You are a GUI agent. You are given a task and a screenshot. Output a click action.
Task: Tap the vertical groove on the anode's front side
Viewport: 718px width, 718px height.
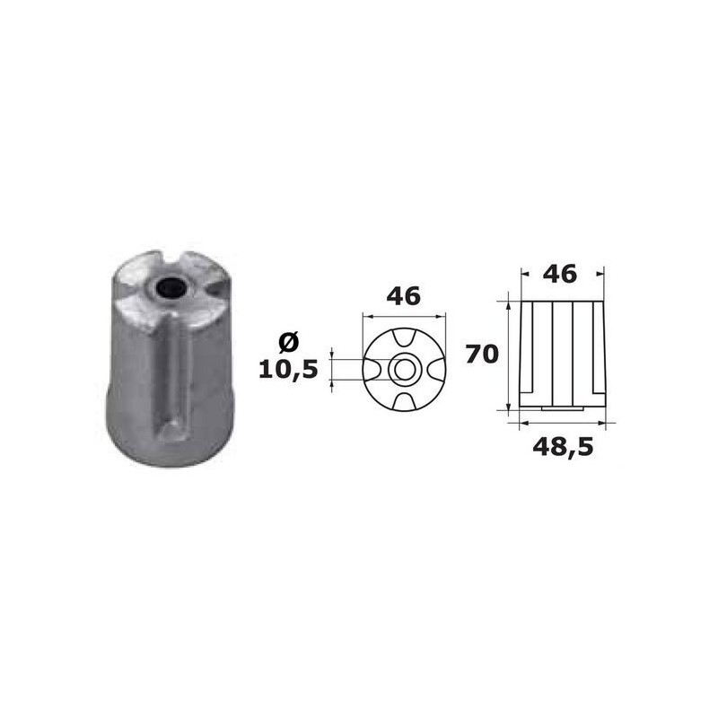[176, 377]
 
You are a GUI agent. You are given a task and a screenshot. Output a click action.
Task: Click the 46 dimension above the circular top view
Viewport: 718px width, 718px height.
[403, 296]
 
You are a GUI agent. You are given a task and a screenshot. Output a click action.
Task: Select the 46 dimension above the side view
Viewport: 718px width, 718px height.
[562, 274]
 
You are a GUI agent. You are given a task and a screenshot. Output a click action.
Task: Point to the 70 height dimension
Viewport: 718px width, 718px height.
[482, 354]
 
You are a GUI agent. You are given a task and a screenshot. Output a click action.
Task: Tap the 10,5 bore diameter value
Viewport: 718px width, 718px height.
[288, 369]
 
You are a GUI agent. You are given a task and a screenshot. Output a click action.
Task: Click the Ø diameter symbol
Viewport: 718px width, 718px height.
[288, 342]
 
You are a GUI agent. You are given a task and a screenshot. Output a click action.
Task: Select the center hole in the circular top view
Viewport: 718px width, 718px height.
[403, 369]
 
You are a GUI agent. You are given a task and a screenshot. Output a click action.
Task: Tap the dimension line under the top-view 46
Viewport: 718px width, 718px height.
[403, 315]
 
